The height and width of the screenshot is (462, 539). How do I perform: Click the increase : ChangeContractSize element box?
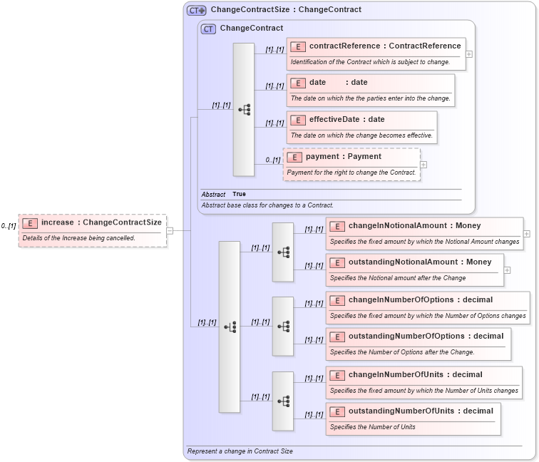click(x=93, y=222)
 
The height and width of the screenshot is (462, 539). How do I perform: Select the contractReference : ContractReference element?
click(x=376, y=46)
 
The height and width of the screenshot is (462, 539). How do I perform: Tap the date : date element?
click(x=370, y=83)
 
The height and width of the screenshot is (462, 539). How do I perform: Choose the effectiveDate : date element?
click(x=361, y=120)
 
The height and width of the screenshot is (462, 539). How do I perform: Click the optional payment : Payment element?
click(x=351, y=157)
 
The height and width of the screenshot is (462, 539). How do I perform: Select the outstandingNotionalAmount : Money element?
click(x=414, y=262)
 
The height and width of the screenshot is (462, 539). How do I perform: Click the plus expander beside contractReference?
click(x=468, y=53)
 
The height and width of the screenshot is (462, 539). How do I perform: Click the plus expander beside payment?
click(x=423, y=165)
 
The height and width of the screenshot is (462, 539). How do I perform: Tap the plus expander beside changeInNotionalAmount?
click(x=527, y=233)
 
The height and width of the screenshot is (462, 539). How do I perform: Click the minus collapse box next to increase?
click(x=170, y=230)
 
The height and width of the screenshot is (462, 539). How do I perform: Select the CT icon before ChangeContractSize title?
click(x=196, y=11)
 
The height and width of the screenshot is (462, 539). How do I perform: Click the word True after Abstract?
click(x=239, y=194)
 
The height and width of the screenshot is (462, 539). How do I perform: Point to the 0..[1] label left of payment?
click(x=272, y=160)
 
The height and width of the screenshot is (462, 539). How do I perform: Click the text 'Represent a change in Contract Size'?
click(x=240, y=451)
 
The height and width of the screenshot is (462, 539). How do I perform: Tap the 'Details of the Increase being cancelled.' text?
click(x=78, y=237)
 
